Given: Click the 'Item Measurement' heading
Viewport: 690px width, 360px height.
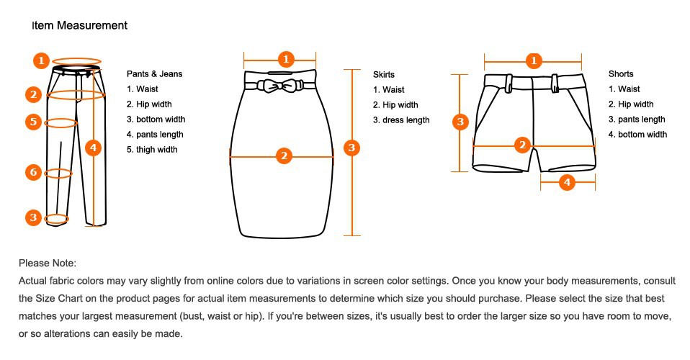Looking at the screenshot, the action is pyautogui.click(x=80, y=25).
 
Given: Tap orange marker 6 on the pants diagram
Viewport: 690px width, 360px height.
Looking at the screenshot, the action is pyautogui.click(x=33, y=172).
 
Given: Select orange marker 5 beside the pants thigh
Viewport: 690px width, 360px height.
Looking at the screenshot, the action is pyautogui.click(x=33, y=122).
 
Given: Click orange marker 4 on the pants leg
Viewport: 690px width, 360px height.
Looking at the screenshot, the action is pyautogui.click(x=94, y=148).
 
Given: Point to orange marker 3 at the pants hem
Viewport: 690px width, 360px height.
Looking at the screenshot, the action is pyautogui.click(x=33, y=217).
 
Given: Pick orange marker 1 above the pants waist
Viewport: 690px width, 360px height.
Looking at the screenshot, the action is pyautogui.click(x=41, y=60).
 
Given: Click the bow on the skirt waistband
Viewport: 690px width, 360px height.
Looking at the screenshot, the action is pyautogui.click(x=278, y=86).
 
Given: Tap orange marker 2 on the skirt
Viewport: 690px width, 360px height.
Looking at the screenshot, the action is pyautogui.click(x=284, y=156).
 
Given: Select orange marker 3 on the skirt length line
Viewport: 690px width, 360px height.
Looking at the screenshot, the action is pyautogui.click(x=351, y=148).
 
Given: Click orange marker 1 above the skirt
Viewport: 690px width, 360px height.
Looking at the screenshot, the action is pyautogui.click(x=286, y=59).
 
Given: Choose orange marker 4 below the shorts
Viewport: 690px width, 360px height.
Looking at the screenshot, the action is pyautogui.click(x=567, y=182).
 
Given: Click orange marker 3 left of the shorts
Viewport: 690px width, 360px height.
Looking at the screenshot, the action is pyautogui.click(x=461, y=122).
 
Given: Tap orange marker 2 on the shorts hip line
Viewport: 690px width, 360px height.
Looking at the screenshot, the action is pyautogui.click(x=522, y=145).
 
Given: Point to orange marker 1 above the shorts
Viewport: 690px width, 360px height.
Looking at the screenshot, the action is pyautogui.click(x=534, y=60).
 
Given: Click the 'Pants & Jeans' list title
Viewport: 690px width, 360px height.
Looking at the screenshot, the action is pyautogui.click(x=154, y=74).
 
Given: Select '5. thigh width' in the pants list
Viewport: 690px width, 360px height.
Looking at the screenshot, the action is pyautogui.click(x=152, y=150).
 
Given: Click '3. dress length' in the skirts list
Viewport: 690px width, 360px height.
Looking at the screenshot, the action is pyautogui.click(x=401, y=120).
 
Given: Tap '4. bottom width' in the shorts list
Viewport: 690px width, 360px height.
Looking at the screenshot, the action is pyautogui.click(x=637, y=135).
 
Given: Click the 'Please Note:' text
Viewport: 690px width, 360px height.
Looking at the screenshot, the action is pyautogui.click(x=48, y=264).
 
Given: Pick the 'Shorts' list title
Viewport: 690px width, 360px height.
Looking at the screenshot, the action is pyautogui.click(x=621, y=74).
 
